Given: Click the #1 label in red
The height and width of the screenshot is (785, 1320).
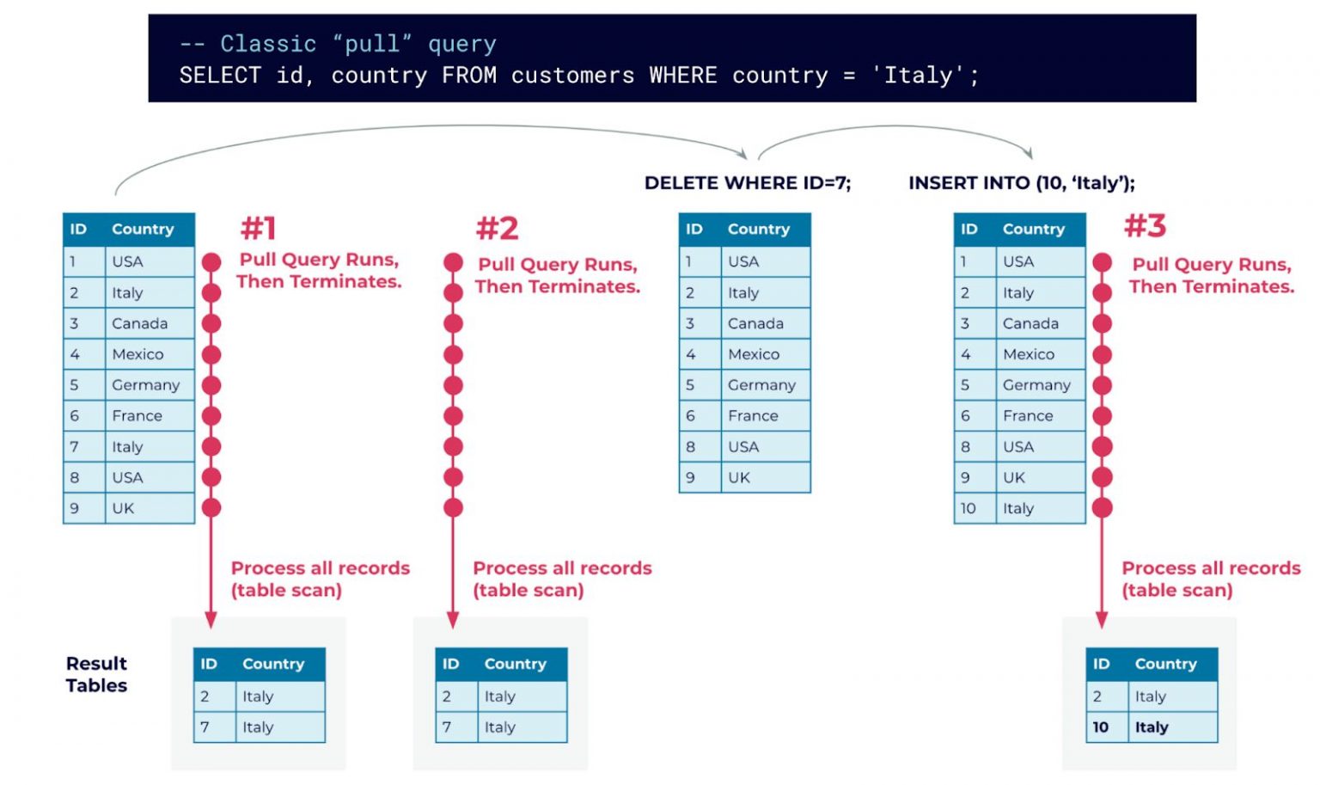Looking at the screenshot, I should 258,229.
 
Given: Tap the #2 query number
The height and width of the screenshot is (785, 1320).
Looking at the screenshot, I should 497,229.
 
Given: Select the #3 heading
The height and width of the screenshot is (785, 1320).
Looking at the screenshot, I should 1145,226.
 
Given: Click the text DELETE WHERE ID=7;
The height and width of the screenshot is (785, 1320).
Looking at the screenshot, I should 747,183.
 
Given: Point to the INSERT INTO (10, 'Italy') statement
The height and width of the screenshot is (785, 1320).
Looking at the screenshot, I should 1021,183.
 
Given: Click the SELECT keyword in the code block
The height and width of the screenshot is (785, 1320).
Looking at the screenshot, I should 219,76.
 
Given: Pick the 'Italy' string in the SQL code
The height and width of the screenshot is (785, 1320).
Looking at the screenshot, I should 918,76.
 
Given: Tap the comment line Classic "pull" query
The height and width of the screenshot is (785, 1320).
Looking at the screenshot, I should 338,44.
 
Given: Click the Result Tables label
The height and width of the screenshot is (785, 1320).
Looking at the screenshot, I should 96,674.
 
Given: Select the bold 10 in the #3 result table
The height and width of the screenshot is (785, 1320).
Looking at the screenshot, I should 1100,727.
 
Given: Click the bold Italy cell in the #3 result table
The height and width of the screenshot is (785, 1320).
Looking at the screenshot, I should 1151,727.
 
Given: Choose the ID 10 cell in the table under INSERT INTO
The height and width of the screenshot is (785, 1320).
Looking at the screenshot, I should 968,508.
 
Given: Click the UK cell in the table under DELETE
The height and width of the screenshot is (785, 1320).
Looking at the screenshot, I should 738,477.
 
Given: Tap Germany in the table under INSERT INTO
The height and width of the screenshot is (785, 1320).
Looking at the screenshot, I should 1036,385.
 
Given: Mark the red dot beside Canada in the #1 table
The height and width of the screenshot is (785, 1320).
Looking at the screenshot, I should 211,324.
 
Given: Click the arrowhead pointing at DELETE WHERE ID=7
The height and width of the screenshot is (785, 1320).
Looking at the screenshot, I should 741,153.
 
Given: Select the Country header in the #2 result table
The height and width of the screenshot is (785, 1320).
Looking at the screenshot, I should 515,664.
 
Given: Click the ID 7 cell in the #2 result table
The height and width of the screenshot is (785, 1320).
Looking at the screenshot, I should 447,727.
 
